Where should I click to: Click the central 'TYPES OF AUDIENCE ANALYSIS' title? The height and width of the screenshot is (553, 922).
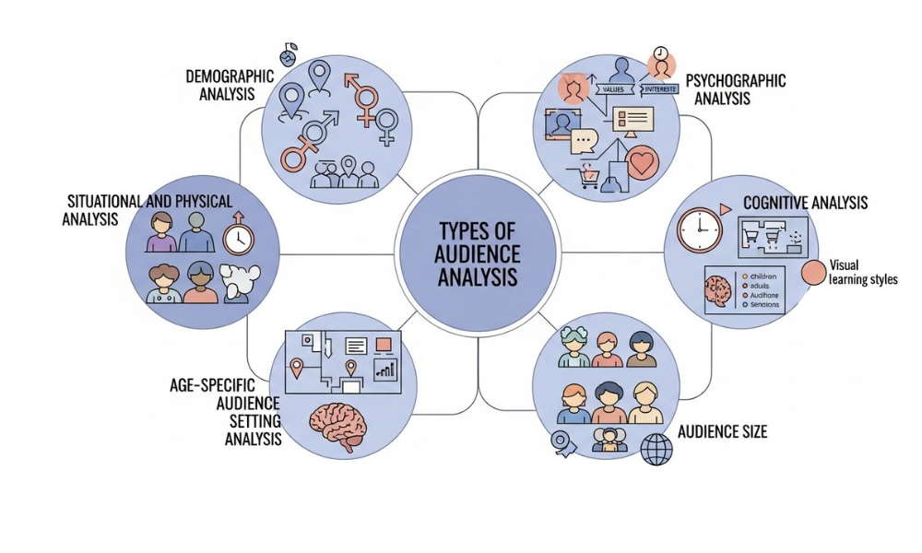476,252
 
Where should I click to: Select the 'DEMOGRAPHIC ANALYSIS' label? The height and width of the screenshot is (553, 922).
230,84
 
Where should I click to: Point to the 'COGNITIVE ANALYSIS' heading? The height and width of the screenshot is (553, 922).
805,203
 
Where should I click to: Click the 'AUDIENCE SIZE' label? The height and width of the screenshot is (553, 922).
722,431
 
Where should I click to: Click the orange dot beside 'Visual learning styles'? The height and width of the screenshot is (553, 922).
813,273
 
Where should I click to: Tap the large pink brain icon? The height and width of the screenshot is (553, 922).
340,428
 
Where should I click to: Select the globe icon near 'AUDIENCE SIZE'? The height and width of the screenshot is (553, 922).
656,449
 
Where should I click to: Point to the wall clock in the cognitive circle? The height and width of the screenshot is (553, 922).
698,229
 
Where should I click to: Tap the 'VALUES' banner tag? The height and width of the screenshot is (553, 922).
613,89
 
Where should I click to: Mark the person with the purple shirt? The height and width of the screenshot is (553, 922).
161,233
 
